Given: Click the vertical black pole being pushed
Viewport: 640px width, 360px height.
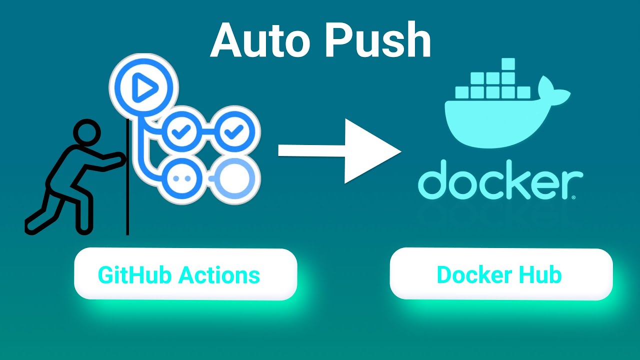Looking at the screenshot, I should point(127,200).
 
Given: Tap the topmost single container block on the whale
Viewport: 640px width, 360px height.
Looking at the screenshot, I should point(508,64).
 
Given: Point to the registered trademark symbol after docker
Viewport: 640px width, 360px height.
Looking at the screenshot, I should point(573,197).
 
